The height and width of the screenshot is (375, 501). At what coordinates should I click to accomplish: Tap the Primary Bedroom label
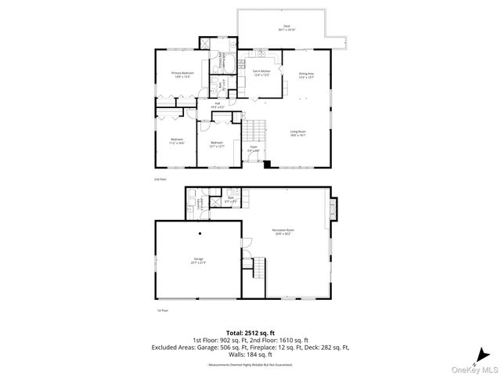182,75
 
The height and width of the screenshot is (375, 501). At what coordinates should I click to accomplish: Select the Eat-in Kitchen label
261,73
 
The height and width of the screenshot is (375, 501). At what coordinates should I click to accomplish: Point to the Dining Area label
306,75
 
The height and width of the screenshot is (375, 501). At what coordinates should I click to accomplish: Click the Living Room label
298,132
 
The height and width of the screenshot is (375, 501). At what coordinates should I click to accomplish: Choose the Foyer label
254,148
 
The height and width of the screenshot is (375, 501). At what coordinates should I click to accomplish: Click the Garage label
199,260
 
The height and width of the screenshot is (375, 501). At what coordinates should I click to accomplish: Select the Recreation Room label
283,230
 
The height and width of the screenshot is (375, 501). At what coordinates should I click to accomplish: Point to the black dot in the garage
200,233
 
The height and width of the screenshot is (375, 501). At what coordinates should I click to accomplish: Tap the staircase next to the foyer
254,128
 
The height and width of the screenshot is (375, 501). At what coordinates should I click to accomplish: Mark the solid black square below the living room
268,164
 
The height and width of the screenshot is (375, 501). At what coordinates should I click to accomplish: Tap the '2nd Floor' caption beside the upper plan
160,180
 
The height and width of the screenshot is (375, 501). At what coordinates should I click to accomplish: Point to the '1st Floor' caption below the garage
163,311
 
